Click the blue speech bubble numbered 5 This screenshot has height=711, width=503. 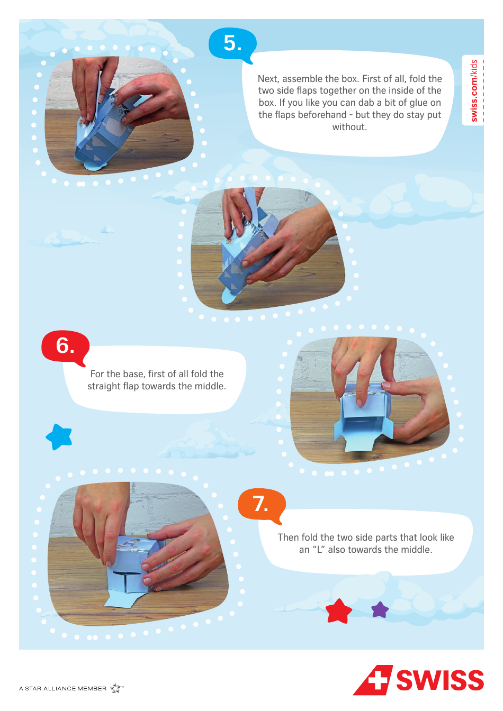[232, 43]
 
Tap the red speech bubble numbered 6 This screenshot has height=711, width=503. [65, 347]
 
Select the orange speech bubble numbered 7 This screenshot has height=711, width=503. [261, 504]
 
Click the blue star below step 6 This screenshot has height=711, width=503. [59, 437]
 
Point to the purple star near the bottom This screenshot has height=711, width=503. [380, 610]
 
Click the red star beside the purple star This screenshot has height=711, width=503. [339, 612]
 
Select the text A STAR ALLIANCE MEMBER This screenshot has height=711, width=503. [62, 688]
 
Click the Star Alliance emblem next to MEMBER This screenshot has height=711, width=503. [116, 688]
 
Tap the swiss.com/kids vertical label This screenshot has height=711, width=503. [474, 90]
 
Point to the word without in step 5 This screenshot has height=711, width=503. [349, 127]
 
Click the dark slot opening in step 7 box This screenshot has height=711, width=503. [127, 574]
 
